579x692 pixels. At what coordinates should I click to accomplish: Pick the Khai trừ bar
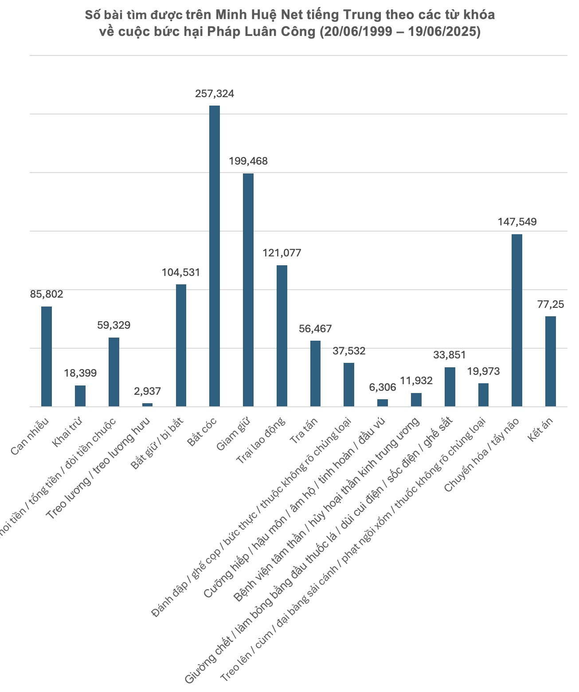80,396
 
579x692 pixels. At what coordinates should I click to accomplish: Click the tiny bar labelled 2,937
147,405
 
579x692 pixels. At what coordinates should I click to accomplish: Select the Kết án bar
551,361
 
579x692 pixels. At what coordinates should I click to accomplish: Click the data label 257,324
215,94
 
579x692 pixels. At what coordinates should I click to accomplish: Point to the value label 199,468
248,161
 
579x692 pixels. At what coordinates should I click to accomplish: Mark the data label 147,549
517,222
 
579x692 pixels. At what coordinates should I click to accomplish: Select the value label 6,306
383,387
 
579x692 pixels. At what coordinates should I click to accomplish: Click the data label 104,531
181,272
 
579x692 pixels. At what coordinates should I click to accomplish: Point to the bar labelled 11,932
416,400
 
